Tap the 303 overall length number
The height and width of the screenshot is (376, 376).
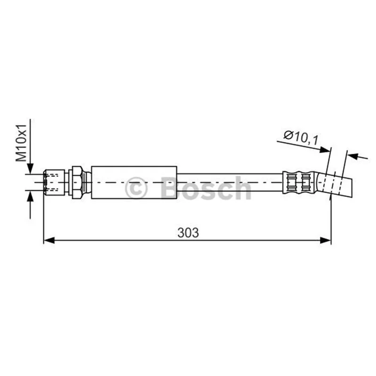tap(188, 233)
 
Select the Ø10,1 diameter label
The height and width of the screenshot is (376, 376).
tap(301, 138)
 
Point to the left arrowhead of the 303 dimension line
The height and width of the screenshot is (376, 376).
tap(49, 240)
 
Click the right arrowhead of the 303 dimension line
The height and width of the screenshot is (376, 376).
tap(326, 240)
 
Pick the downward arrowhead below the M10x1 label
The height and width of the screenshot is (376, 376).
tap(30, 168)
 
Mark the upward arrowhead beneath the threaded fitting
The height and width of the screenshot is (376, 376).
tap(30, 196)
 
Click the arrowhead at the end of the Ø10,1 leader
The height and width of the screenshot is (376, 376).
tap(325, 150)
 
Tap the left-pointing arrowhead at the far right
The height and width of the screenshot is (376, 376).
tap(353, 157)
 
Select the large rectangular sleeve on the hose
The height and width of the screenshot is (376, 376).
tap(134, 182)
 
